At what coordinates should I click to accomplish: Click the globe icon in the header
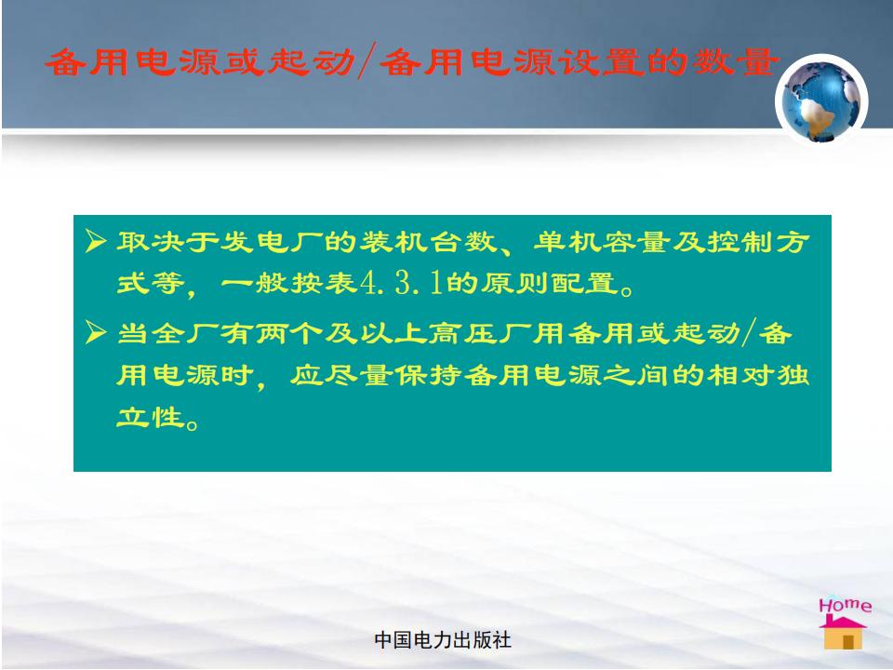pyautogui.click(x=821, y=100)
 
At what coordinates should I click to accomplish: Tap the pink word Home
pyautogui.click(x=846, y=605)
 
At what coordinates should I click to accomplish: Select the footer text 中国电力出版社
pyautogui.click(x=443, y=640)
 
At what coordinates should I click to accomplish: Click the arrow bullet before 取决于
pyautogui.click(x=96, y=241)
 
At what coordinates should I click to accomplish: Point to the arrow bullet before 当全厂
pyautogui.click(x=96, y=332)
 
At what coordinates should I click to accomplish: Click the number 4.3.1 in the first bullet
pyautogui.click(x=402, y=283)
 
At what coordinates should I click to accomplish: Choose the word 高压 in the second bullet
pyautogui.click(x=463, y=333)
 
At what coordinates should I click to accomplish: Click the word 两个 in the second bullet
pyautogui.click(x=289, y=333)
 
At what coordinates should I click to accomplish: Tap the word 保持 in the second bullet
pyautogui.click(x=428, y=375)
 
